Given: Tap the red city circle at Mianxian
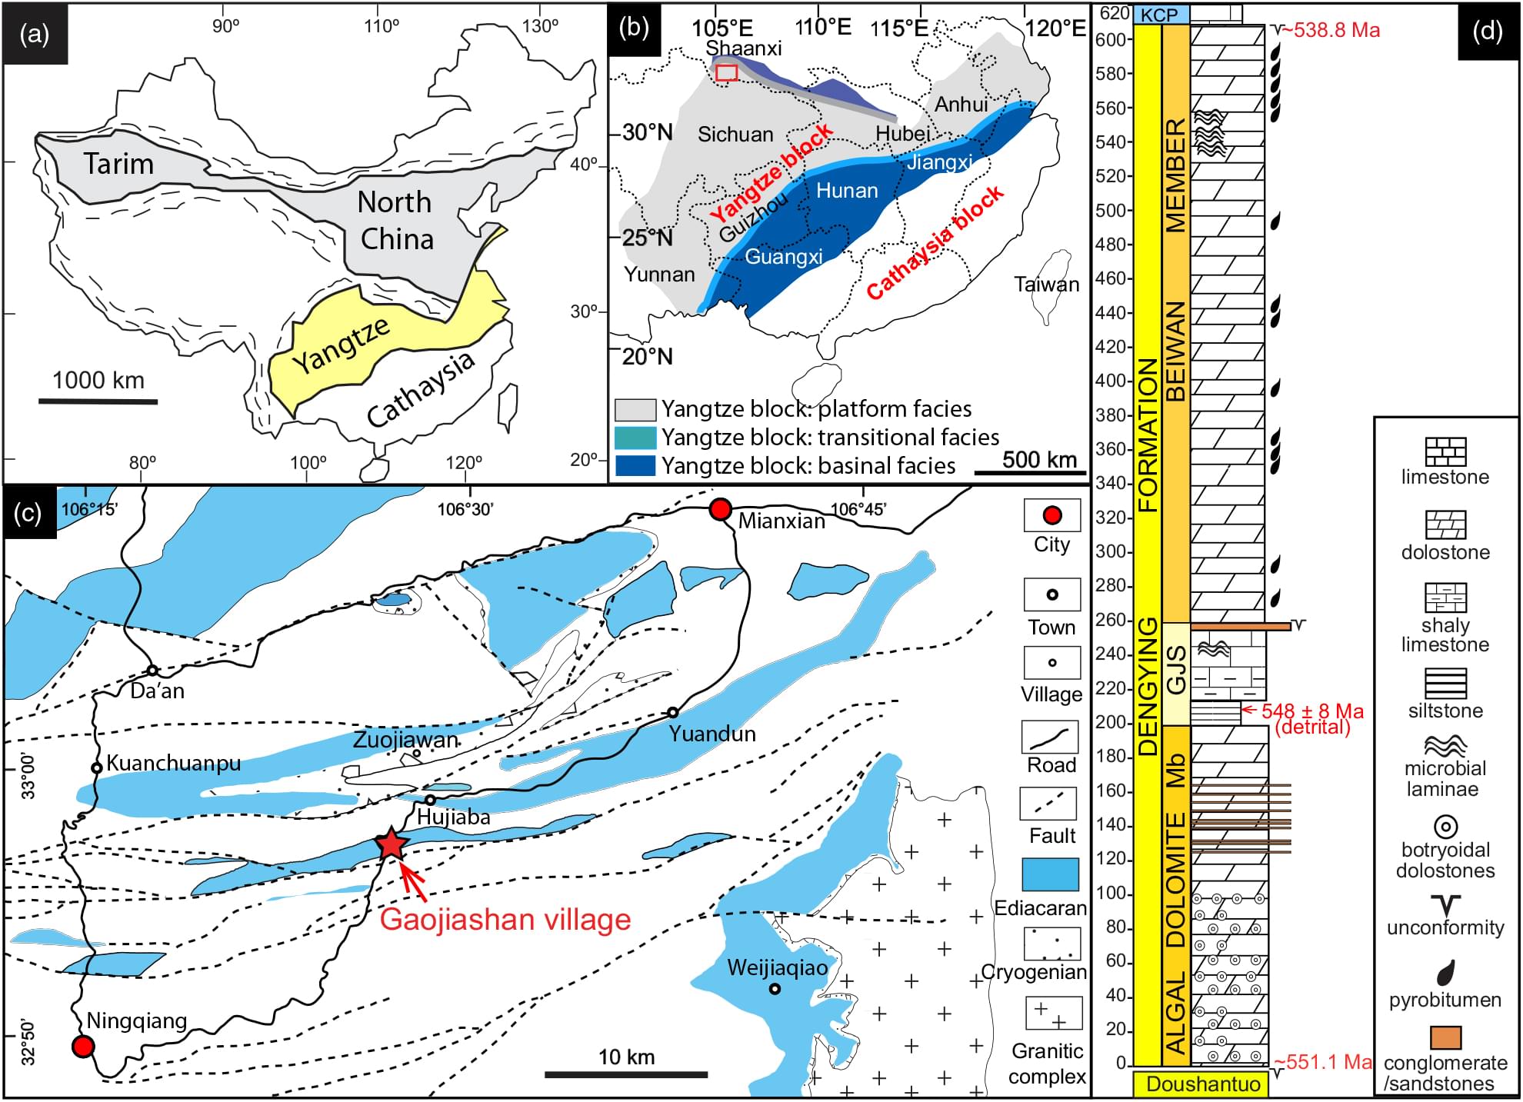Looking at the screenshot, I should (x=720, y=510).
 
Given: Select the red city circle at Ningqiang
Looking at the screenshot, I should (x=83, y=1046).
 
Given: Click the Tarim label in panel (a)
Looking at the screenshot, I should (x=118, y=164).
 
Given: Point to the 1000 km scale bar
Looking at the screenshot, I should (x=98, y=401).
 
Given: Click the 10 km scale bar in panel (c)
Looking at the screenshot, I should (x=626, y=1074).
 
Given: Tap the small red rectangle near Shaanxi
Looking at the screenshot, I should (x=727, y=73).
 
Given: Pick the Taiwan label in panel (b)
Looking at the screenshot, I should (x=1046, y=285).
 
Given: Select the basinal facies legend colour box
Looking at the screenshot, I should (x=635, y=466).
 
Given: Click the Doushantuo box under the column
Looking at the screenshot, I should (x=1202, y=1084).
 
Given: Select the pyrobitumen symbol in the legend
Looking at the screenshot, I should (x=1445, y=972).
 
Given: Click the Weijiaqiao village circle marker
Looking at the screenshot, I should (x=775, y=989).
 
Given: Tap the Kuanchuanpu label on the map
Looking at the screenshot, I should (x=173, y=764).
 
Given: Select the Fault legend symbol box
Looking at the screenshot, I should (x=1051, y=804).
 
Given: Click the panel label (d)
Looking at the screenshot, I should (x=1487, y=32).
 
